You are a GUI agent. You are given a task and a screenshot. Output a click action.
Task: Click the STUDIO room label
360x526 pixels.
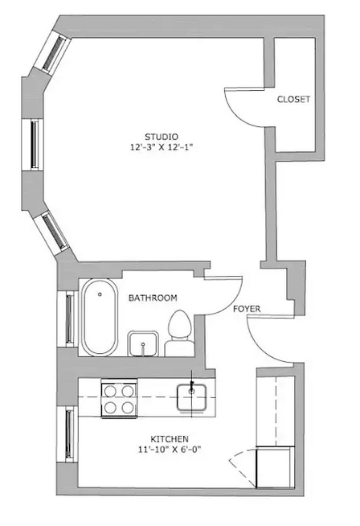162,137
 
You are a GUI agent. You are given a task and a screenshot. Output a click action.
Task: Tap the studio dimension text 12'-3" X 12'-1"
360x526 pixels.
162,147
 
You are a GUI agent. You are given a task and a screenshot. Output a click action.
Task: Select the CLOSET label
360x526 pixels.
293,99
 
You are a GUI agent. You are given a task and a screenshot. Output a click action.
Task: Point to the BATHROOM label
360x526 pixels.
153,298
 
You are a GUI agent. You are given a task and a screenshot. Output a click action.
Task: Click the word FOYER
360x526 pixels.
247,309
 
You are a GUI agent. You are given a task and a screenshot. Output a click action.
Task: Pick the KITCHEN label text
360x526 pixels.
170,439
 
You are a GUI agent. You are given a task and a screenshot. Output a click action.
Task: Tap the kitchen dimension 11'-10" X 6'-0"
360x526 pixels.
170,450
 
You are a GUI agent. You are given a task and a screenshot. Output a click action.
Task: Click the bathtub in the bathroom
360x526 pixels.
100,318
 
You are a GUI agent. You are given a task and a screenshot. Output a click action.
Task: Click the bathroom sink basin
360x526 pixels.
143,343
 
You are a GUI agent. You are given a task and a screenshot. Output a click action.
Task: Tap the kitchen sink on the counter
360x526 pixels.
191,398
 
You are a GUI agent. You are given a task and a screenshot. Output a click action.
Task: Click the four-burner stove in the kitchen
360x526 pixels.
119,398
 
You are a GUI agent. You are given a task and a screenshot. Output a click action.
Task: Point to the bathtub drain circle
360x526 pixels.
100,294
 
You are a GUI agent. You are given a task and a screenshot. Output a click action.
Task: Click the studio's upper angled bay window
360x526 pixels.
53,52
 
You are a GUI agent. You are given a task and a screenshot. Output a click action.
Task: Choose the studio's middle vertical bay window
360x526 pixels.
32,145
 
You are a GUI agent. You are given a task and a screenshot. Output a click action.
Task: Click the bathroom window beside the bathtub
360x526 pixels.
67,318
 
